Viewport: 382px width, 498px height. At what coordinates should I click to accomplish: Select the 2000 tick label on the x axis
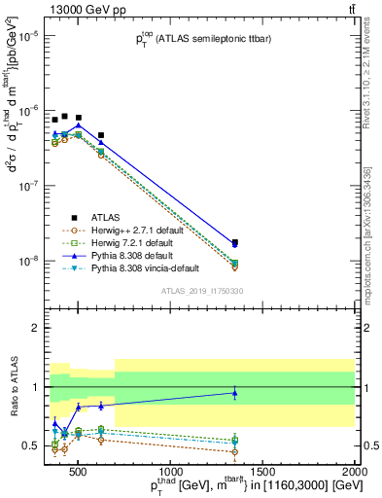[355, 472]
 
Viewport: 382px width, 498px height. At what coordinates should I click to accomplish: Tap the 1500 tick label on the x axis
[262, 472]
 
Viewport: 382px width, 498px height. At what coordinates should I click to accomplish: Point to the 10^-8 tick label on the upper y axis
[27, 261]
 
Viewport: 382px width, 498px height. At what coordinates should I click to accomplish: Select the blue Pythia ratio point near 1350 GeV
[235, 393]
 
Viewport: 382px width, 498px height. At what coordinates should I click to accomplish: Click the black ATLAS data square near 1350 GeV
[235, 242]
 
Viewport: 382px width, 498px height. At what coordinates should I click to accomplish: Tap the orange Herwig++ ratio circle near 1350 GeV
[235, 451]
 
